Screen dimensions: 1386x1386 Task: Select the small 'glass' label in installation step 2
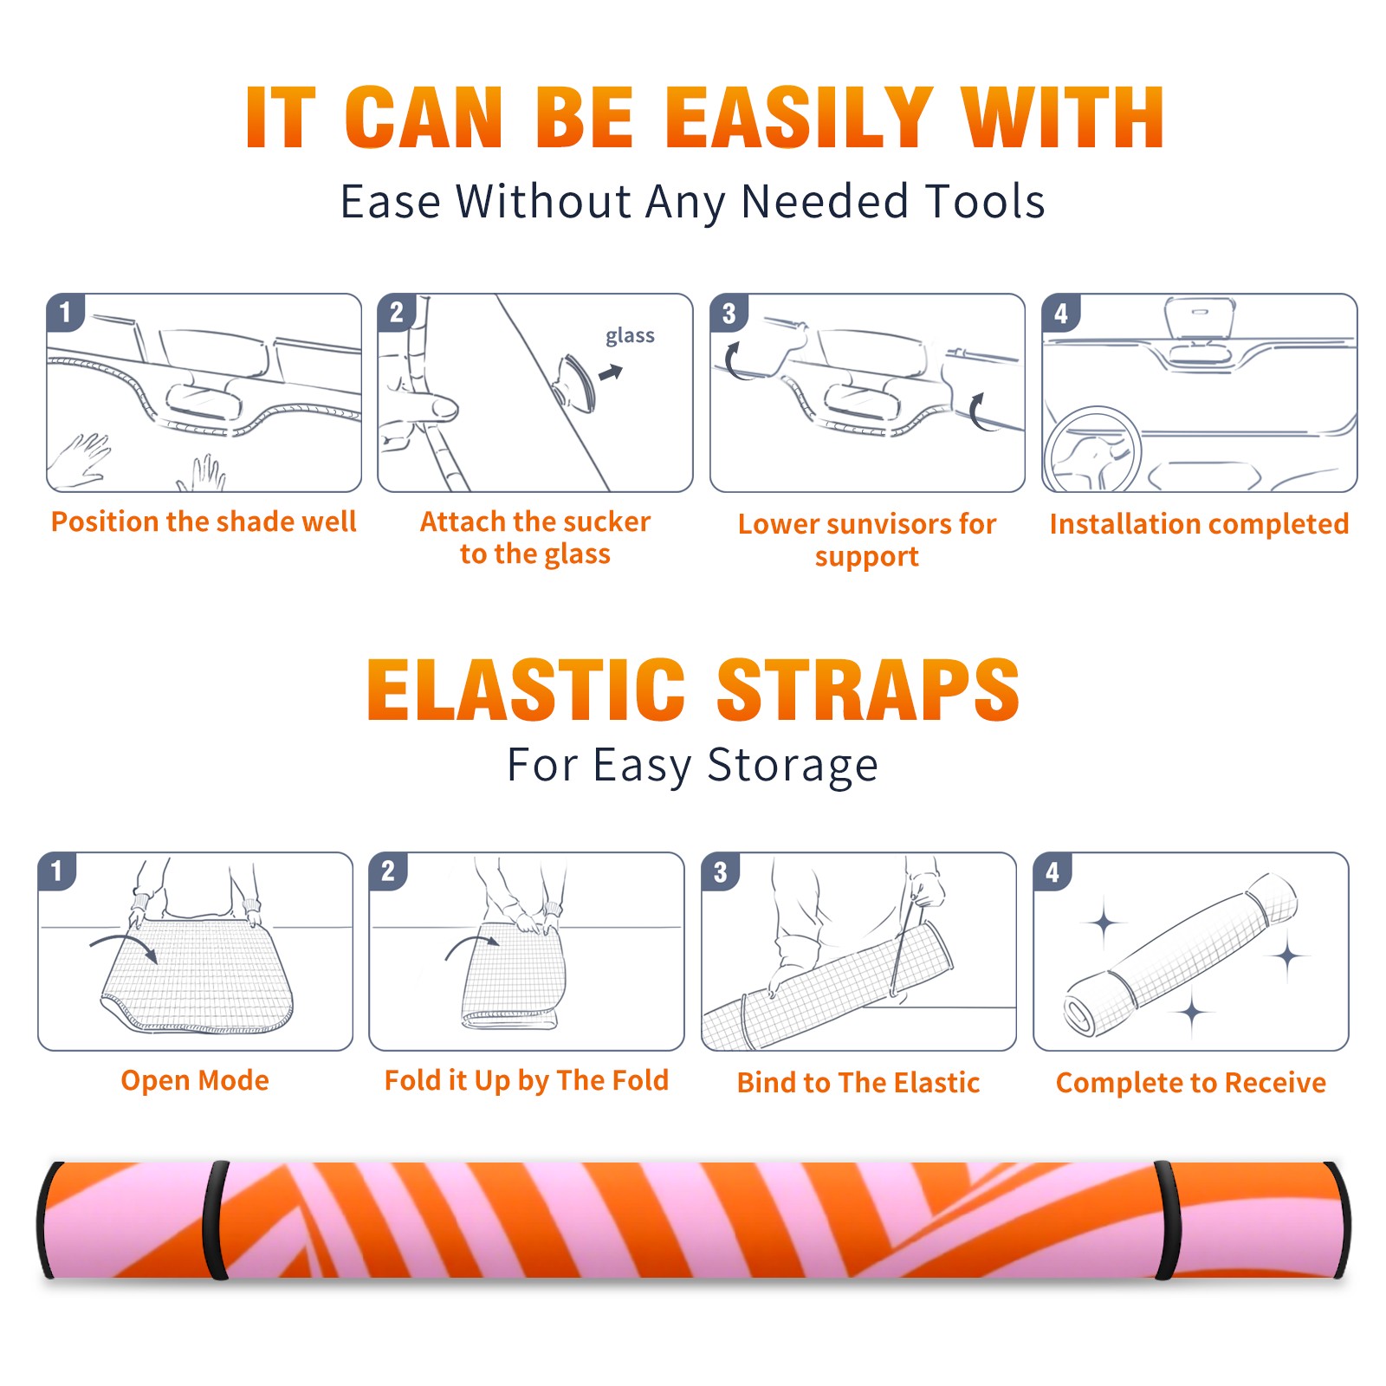click(630, 336)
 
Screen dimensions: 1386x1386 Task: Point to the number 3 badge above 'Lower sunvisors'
click(729, 313)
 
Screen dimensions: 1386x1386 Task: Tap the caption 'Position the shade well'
click(204, 521)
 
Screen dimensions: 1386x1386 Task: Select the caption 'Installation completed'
click(1199, 523)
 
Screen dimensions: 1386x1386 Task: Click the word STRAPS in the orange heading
click(868, 690)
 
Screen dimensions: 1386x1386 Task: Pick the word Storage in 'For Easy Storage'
click(793, 766)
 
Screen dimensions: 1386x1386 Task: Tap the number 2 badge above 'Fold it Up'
click(388, 871)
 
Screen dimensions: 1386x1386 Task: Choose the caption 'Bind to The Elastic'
click(858, 1082)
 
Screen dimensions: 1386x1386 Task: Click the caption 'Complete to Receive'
click(1191, 1082)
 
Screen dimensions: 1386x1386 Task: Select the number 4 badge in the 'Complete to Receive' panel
click(1052, 871)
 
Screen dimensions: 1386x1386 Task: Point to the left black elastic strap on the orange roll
click(216, 1220)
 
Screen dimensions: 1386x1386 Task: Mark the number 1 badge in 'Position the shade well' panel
click(65, 312)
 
